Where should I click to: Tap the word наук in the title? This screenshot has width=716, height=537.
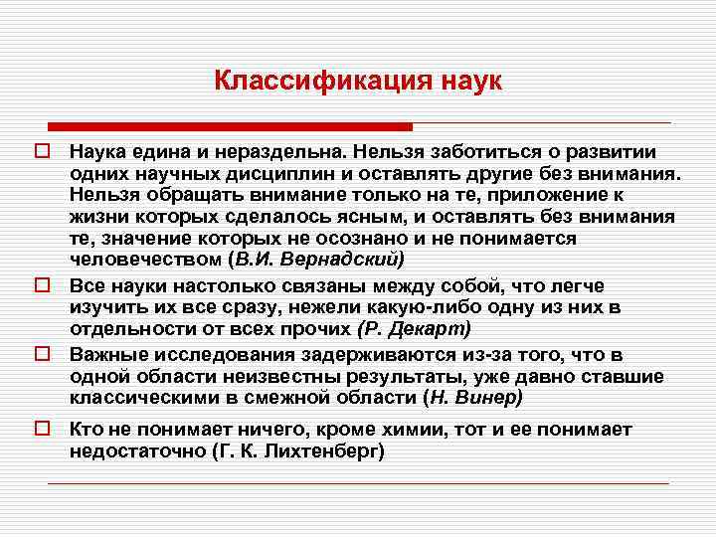(x=466, y=81)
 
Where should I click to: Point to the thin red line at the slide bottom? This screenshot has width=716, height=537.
(x=358, y=483)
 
